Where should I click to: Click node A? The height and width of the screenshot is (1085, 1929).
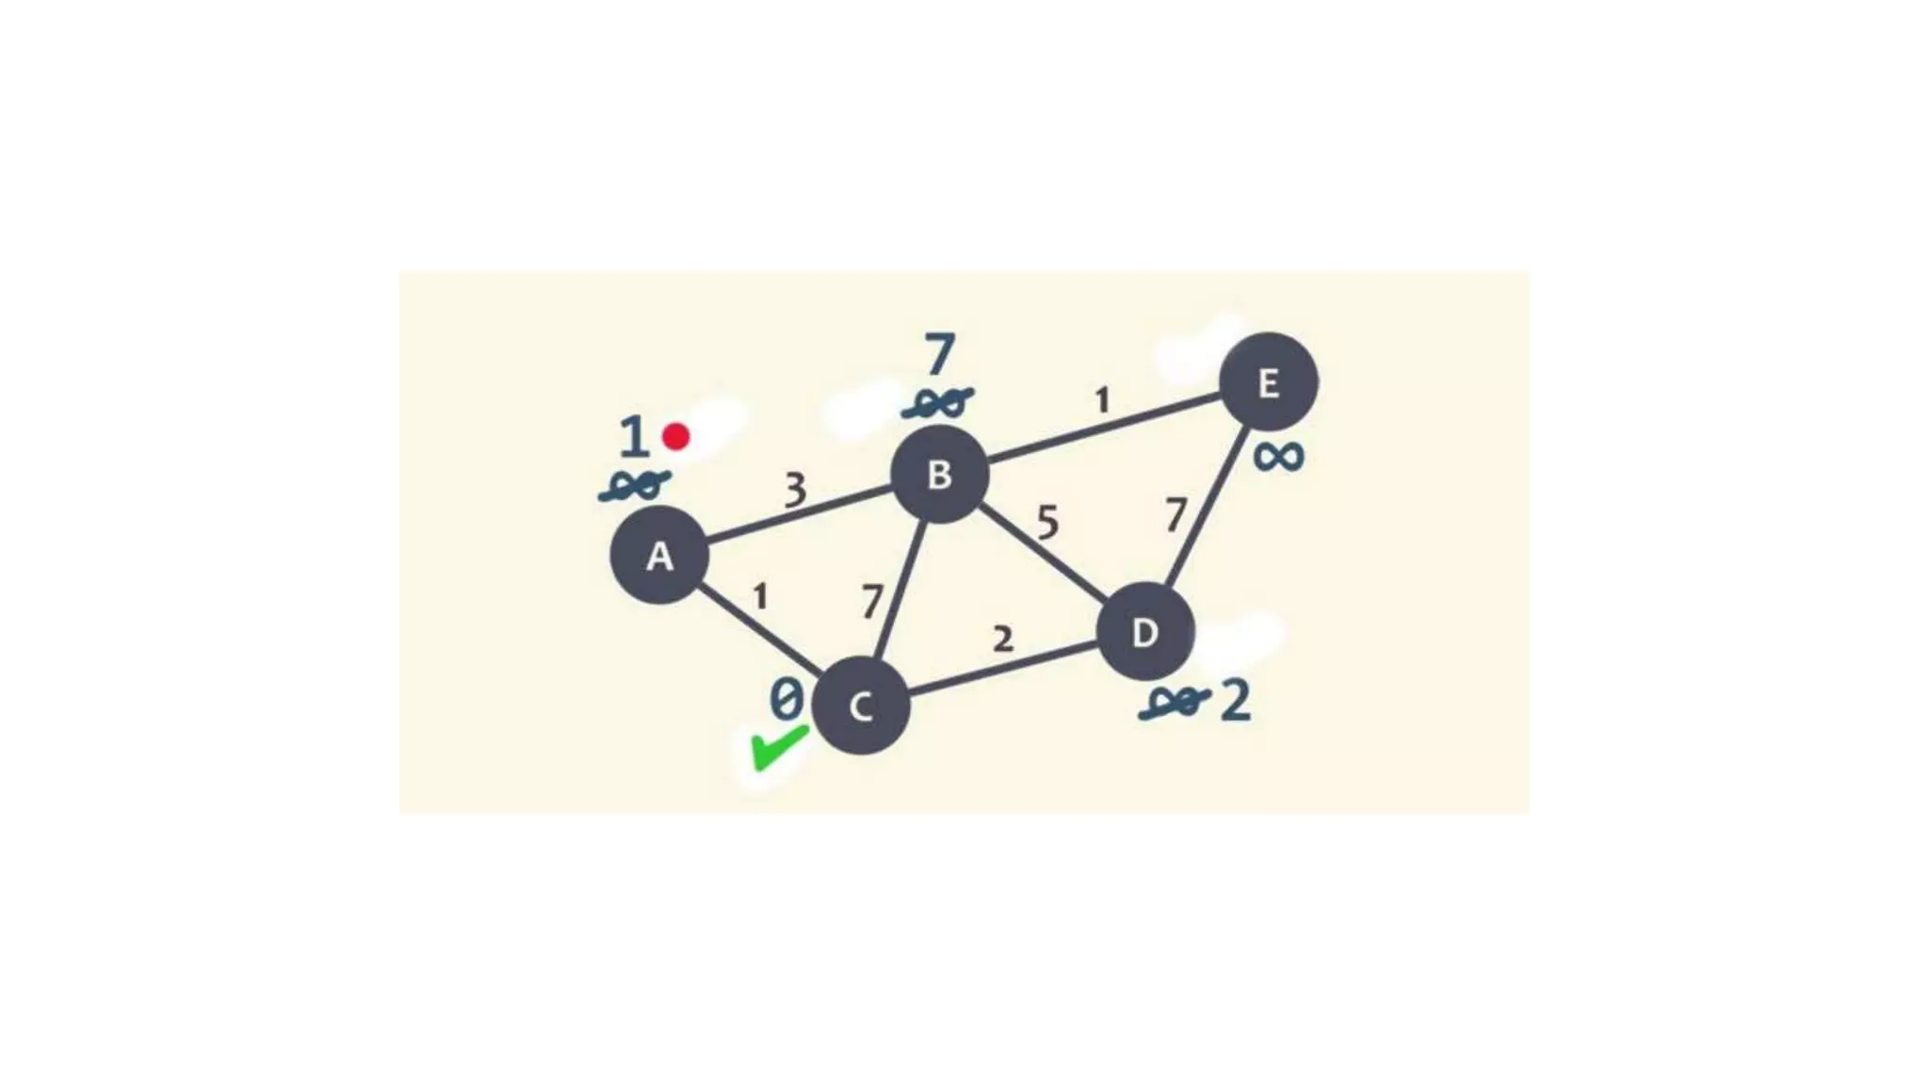[659, 555]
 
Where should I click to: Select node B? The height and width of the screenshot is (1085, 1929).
[939, 474]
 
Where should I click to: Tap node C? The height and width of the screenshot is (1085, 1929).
[860, 706]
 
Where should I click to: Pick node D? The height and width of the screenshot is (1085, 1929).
[1145, 632]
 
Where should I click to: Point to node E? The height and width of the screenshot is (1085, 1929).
[1268, 382]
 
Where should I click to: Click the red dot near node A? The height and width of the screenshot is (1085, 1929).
[675, 436]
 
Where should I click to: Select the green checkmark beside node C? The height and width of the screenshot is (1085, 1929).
[778, 748]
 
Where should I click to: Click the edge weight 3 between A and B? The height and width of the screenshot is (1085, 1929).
[796, 490]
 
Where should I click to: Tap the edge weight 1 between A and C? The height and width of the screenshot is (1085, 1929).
[760, 596]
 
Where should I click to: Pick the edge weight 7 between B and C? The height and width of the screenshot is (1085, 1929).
[873, 601]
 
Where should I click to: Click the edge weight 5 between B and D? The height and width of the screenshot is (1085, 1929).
[1047, 522]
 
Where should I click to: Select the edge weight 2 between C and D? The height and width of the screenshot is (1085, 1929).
[1003, 640]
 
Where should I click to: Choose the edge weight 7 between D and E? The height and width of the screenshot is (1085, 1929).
[1175, 515]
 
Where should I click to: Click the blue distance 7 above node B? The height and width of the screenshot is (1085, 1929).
[939, 356]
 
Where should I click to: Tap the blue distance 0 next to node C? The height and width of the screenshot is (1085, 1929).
[786, 700]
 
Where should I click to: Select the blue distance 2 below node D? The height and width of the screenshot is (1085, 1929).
[1236, 702]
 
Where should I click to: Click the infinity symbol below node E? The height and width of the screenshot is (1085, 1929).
[1278, 458]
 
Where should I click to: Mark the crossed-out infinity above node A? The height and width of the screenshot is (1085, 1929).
[635, 486]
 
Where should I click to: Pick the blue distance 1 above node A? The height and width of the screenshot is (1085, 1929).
[634, 438]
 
